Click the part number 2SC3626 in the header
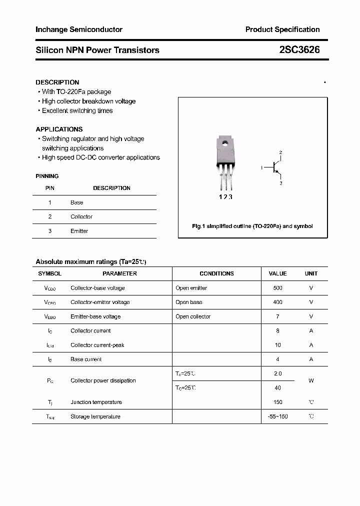tap(299, 50)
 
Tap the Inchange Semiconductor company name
tap(79, 29)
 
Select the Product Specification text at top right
tap(282, 29)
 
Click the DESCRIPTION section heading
tap(57, 82)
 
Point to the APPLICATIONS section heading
tap(59, 129)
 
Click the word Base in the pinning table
tap(76, 202)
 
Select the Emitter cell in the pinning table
tap(79, 231)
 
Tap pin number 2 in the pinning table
tap(50, 216)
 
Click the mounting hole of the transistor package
tap(224, 145)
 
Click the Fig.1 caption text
tap(252, 226)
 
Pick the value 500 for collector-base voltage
tap(277, 288)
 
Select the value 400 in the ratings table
tap(277, 302)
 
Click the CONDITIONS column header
tap(216, 273)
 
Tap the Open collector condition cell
tap(193, 316)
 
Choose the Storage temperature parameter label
tap(95, 416)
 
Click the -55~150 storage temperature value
tap(277, 416)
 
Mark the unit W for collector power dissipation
tap(311, 380)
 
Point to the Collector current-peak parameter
tap(97, 345)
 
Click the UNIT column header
tap(311, 273)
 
